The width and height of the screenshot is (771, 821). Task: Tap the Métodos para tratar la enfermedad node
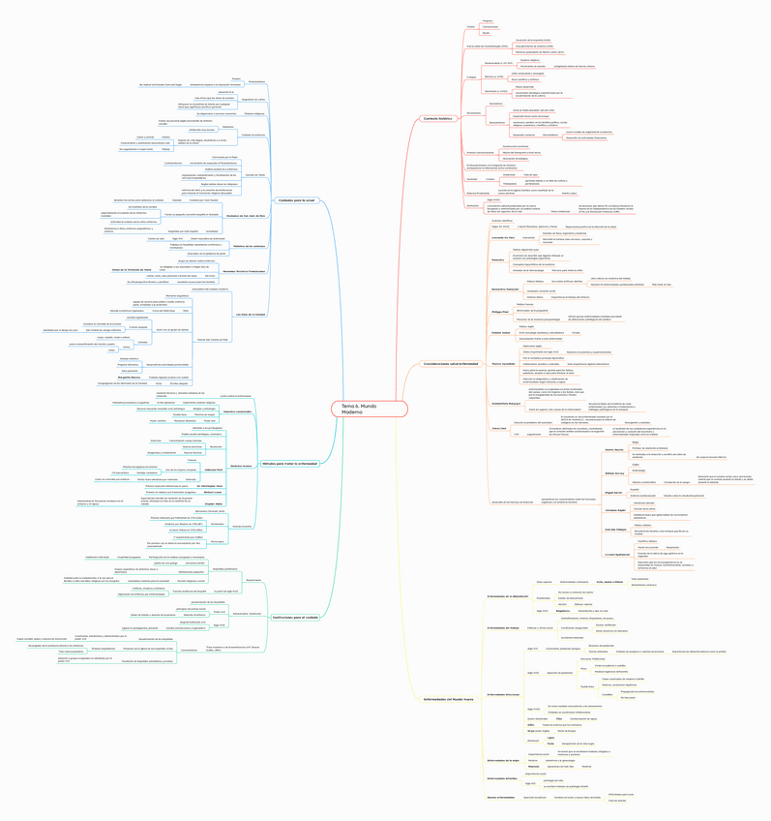(289, 463)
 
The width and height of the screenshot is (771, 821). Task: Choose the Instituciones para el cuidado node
(295, 617)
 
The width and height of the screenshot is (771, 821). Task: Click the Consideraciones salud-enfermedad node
(450, 364)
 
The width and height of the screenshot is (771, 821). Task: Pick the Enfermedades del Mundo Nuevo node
(448, 698)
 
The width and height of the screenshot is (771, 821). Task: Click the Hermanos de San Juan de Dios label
(245, 215)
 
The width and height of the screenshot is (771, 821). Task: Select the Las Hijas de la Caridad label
(251, 315)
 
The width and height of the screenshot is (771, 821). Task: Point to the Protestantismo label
(255, 81)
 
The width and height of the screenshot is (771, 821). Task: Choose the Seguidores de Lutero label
(253, 99)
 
